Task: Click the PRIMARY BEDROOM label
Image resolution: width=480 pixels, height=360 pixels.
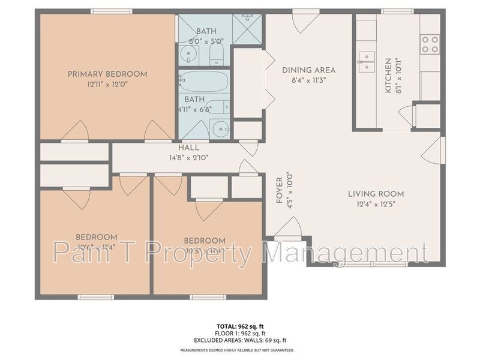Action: (107, 74)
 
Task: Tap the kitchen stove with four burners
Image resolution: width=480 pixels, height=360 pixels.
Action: (430, 44)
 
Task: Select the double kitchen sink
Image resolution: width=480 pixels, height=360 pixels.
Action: (365, 61)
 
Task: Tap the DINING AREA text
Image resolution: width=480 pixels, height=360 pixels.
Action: (308, 70)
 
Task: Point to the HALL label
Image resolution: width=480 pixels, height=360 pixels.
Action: (188, 148)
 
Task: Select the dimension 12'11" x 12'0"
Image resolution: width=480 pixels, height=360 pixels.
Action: (107, 85)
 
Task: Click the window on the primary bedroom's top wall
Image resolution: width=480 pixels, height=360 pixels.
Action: (111, 11)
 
